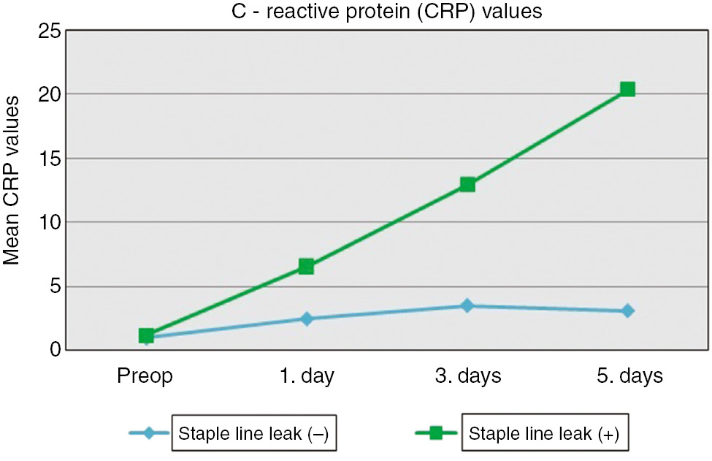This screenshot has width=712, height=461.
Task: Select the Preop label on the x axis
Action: pyautogui.click(x=145, y=376)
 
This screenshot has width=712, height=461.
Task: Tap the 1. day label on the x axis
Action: pyautogui.click(x=306, y=376)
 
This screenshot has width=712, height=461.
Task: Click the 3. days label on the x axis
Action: pyautogui.click(x=467, y=376)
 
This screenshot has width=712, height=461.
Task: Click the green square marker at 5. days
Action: pyautogui.click(x=627, y=89)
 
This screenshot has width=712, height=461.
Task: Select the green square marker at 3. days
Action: pyautogui.click(x=467, y=184)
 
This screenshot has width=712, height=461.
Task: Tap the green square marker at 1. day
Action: pyautogui.click(x=306, y=267)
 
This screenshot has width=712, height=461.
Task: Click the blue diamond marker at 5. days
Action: pyautogui.click(x=627, y=310)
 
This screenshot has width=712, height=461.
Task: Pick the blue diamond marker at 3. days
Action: pyautogui.click(x=467, y=305)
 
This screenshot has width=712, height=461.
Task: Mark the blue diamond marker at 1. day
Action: pyautogui.click(x=306, y=319)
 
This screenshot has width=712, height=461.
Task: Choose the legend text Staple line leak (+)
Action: pyautogui.click(x=544, y=433)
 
